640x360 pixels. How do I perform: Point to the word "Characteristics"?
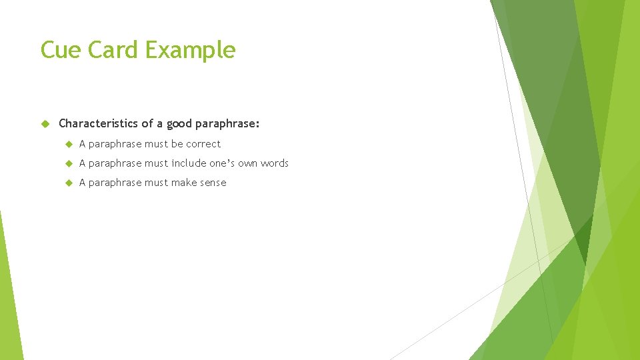[x=98, y=123]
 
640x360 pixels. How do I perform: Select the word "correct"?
[x=203, y=144]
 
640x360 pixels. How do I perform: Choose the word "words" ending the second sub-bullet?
[x=275, y=163]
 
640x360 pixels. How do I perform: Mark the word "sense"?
[x=213, y=183]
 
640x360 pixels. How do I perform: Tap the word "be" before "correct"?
[x=177, y=144]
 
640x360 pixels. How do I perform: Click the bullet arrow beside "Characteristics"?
[x=45, y=124]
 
